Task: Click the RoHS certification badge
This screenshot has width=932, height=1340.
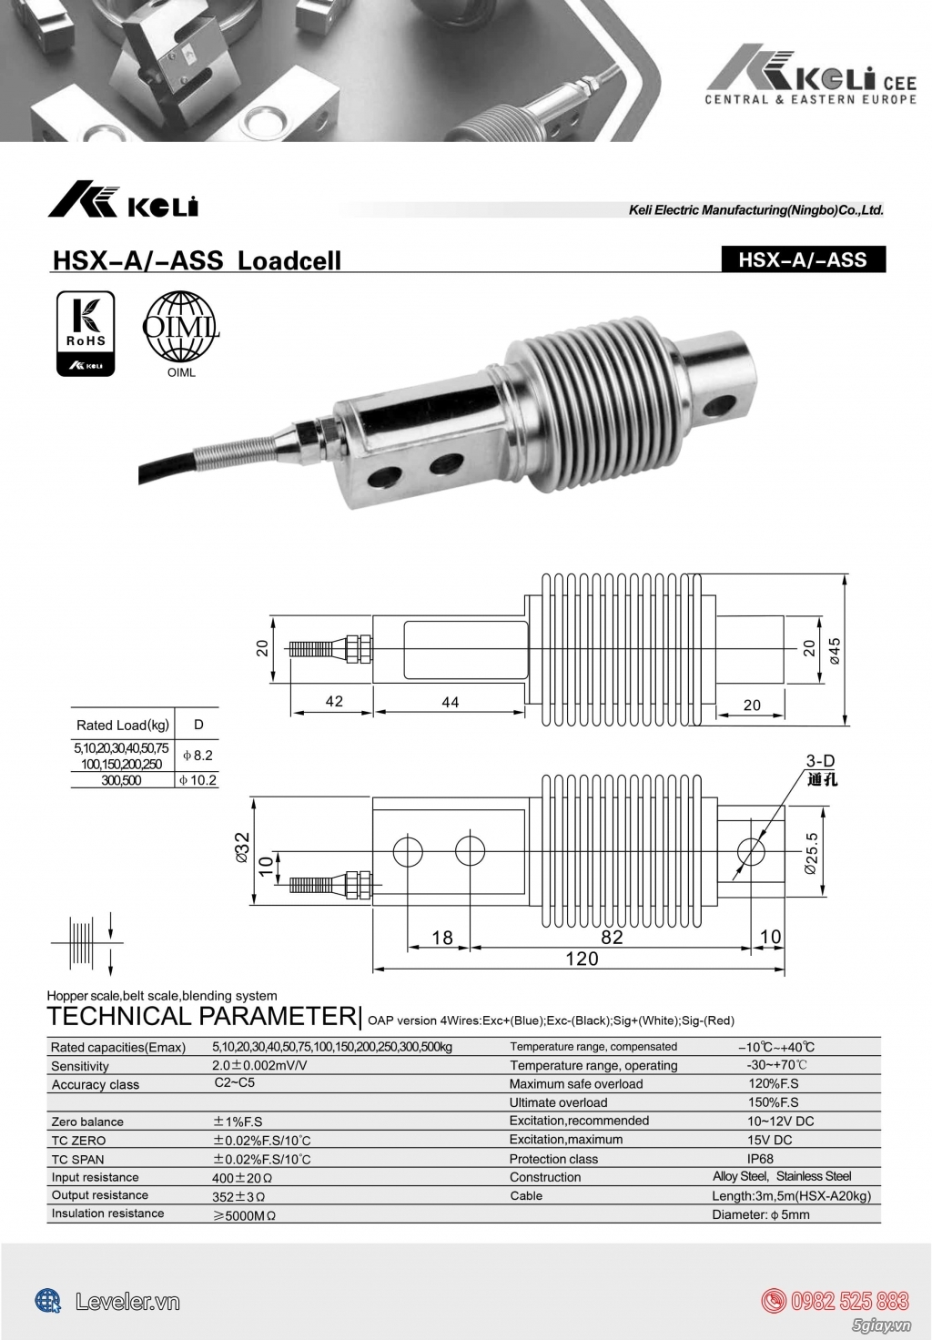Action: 86,333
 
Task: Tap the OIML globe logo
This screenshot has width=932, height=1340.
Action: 181,327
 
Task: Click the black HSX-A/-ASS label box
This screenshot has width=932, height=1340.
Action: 802,259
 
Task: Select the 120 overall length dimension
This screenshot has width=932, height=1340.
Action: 582,958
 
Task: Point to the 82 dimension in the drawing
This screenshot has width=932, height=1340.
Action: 612,937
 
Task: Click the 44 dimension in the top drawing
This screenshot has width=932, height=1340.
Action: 450,702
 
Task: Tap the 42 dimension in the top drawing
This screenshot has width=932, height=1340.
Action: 334,701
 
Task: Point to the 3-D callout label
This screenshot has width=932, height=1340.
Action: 820,760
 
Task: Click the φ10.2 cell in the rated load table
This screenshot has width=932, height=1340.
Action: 197,780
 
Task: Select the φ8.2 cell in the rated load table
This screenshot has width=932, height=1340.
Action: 197,756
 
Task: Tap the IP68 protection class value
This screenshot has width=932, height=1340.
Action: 760,1159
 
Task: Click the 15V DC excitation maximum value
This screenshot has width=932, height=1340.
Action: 769,1140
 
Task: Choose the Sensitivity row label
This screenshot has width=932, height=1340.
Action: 80,1066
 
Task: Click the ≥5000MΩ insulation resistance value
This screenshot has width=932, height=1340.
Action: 244,1214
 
